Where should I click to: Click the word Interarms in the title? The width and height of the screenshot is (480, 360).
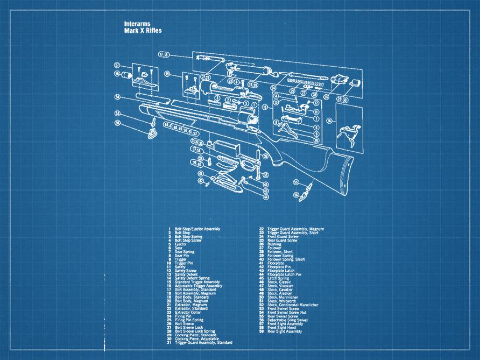pos(137,24)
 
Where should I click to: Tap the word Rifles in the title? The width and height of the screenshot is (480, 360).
pos(153,31)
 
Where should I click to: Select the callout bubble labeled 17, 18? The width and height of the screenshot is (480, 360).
pos(164,55)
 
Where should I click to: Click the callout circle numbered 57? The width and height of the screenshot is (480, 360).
pos(117,65)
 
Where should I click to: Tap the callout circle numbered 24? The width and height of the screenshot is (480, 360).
pos(273,88)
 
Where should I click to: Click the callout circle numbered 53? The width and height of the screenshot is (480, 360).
pos(117,113)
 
